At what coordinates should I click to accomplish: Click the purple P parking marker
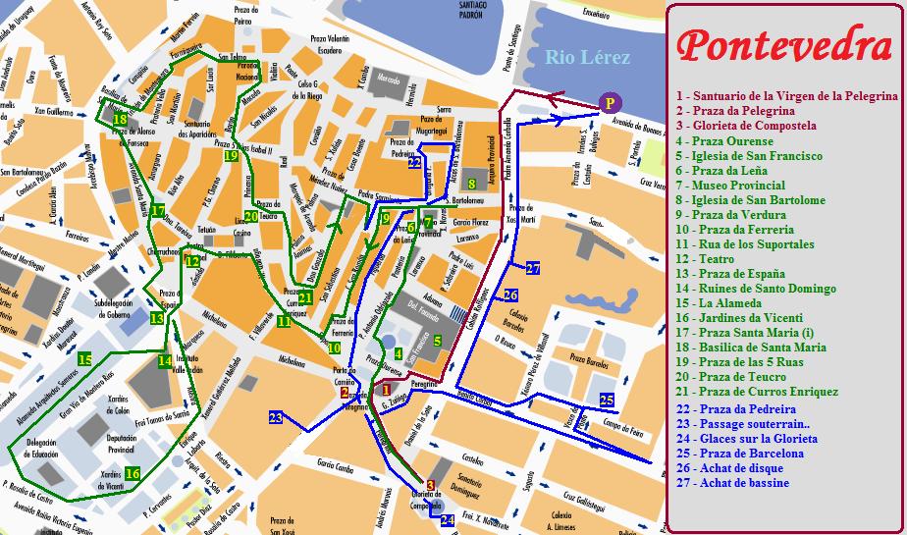(x=610, y=102)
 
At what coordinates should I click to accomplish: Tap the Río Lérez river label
(x=587, y=57)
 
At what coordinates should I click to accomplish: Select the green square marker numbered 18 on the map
(x=120, y=120)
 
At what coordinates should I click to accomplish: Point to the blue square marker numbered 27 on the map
(x=533, y=268)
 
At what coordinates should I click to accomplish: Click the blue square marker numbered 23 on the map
(x=276, y=417)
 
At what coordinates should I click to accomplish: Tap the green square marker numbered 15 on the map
(x=85, y=360)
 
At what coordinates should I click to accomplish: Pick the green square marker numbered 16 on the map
(x=133, y=474)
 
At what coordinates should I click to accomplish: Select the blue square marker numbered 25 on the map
(x=607, y=400)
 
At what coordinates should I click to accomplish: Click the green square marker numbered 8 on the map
(x=472, y=183)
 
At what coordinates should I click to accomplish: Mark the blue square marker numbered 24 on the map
(x=448, y=519)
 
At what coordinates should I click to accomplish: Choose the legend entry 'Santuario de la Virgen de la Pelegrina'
(x=786, y=96)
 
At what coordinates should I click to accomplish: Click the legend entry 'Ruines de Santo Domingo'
(x=756, y=289)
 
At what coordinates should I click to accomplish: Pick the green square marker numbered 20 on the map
(x=251, y=216)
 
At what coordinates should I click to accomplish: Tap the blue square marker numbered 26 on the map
(x=510, y=294)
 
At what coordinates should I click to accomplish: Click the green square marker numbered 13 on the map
(x=157, y=318)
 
